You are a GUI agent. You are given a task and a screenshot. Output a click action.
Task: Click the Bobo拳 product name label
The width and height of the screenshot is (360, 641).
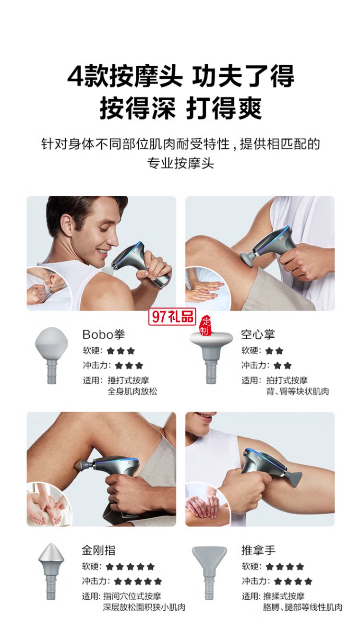[x=103, y=334]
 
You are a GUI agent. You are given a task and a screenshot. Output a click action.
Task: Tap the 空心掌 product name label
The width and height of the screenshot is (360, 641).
[x=258, y=334]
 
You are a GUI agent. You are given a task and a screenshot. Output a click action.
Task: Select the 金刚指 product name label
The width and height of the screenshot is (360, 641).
[x=98, y=550]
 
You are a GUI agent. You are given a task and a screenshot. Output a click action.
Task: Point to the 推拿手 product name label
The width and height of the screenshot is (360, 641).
[x=258, y=550]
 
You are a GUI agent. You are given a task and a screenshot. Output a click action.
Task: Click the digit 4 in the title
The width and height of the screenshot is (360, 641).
[x=75, y=77]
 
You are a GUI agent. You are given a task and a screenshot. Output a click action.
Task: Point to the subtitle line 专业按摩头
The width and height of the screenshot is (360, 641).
[x=180, y=163]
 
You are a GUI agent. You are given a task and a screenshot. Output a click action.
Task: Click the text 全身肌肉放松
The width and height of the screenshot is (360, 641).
[x=132, y=391]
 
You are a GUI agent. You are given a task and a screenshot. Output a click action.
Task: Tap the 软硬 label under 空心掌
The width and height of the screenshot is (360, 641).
[x=251, y=351]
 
